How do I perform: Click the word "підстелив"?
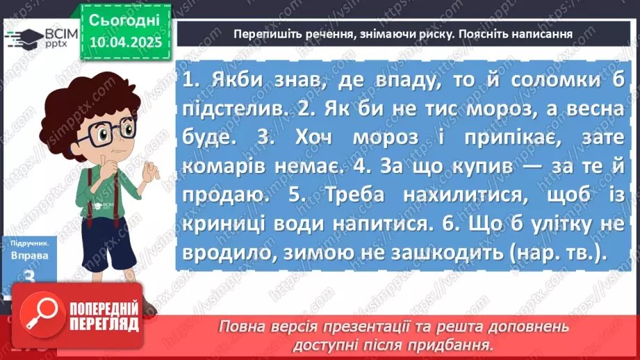coord(238,108)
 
